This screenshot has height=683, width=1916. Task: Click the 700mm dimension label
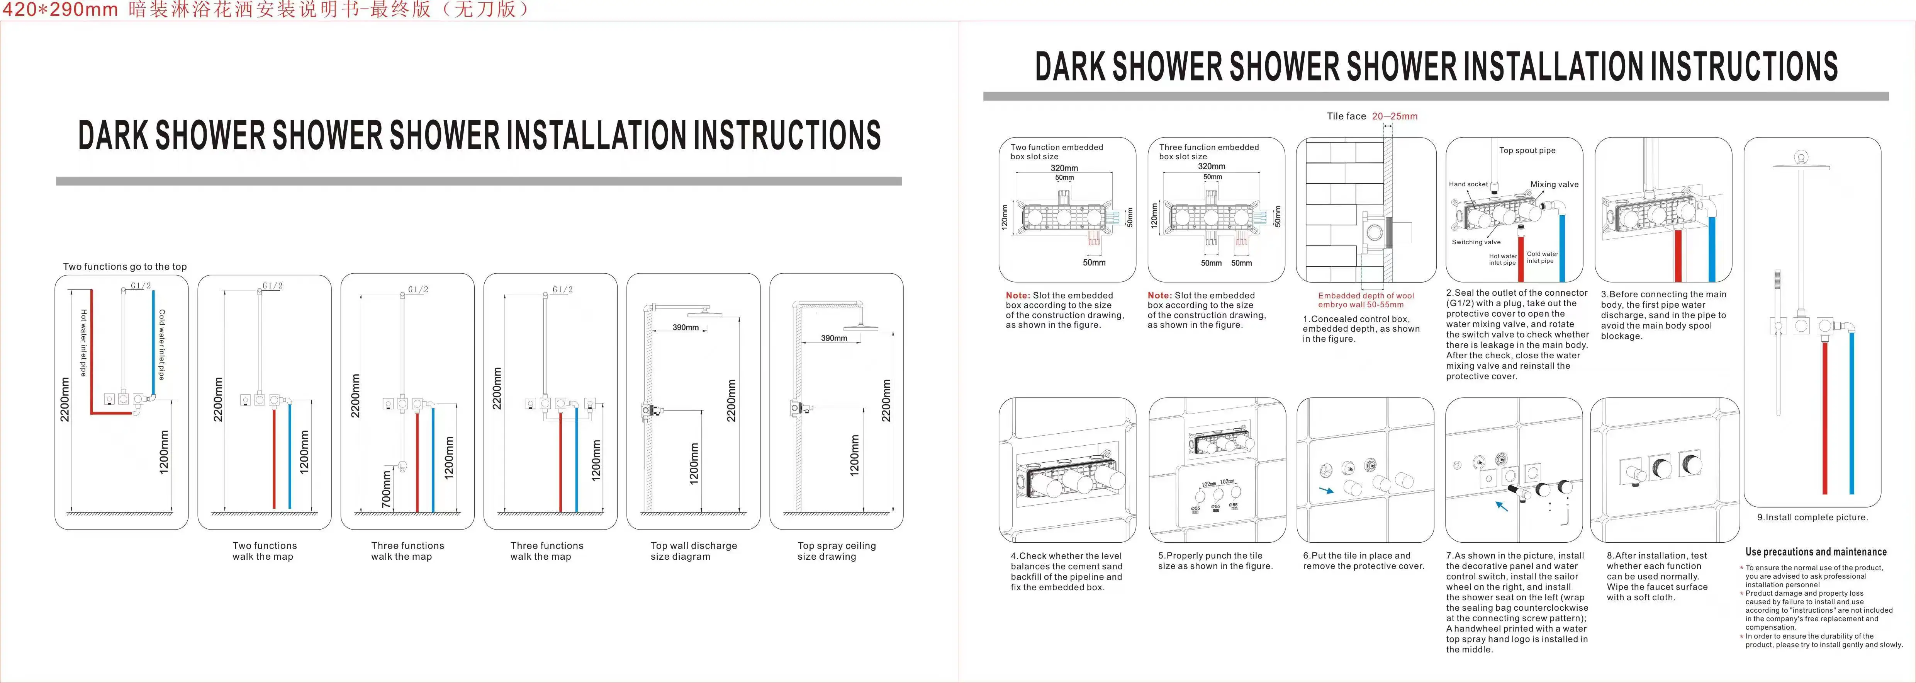pos(386,489)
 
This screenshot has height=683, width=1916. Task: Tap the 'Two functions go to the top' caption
pos(125,266)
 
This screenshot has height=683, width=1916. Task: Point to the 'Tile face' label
pos(1346,116)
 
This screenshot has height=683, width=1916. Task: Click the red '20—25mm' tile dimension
pos(1395,116)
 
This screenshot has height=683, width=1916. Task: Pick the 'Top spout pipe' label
pos(1527,150)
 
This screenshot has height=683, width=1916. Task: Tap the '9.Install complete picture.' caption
pos(1812,517)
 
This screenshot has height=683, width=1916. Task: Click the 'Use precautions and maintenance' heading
pos(1816,551)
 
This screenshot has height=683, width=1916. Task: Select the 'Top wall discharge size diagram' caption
pos(693,550)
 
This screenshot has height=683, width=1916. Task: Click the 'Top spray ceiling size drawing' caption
pos(836,550)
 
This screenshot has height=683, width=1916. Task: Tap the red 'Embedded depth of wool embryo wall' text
pos(1366,300)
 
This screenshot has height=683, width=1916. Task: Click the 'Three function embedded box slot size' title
pos(1209,152)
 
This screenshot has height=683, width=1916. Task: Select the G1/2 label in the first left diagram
pos(141,286)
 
